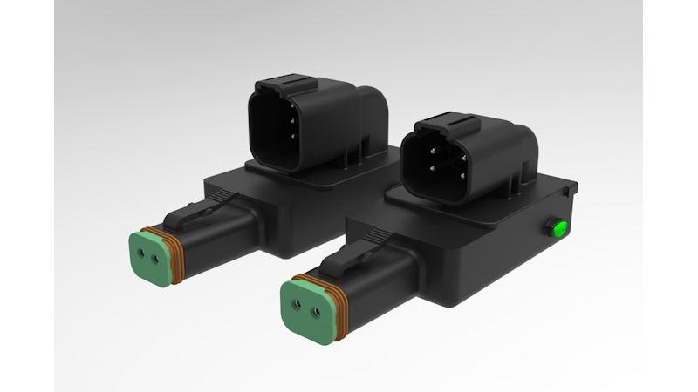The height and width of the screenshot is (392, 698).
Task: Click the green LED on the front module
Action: (557, 229)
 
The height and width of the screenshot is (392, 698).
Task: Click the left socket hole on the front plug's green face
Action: (297, 305)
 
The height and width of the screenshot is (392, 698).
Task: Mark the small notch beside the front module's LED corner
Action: (567, 187)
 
